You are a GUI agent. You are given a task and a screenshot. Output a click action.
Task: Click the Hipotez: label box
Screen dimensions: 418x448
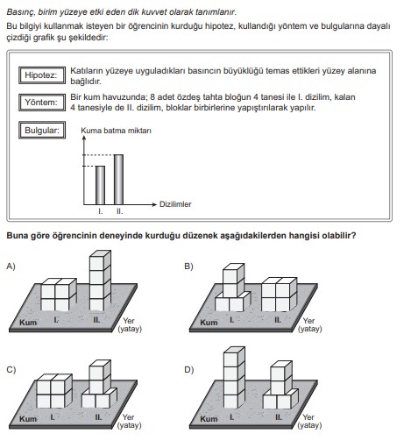pos(42,75)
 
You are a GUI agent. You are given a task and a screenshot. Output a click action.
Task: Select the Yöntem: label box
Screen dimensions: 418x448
pos(42,103)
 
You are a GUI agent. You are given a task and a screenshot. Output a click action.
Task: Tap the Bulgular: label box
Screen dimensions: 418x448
pos(42,130)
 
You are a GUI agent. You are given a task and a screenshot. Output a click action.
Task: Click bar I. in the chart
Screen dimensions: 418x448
pos(100,185)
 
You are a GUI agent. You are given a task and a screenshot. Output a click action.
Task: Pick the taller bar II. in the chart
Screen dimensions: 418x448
pos(118,180)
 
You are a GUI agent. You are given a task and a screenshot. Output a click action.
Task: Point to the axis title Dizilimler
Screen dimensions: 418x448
pos(175,204)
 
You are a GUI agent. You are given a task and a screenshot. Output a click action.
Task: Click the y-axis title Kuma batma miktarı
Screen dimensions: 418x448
pos(116,131)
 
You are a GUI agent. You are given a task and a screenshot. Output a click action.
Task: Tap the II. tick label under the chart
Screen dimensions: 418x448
pos(120,211)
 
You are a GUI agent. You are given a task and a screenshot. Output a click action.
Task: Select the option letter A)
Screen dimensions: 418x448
pos(11,267)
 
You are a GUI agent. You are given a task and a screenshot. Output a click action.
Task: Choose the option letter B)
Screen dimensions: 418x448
pos(188,267)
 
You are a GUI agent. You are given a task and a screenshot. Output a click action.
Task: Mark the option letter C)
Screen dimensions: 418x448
pos(11,370)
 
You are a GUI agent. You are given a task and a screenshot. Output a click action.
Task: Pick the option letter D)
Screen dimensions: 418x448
pos(189,370)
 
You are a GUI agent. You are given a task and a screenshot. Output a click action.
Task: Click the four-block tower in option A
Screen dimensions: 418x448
pos(100,281)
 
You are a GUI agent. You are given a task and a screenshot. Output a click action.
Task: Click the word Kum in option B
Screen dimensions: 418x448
pos(209,323)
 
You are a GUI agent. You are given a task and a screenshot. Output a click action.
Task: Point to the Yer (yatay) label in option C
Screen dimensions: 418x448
pos(129,421)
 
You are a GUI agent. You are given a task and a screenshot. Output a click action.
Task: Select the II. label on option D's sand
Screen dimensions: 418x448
pos(278,417)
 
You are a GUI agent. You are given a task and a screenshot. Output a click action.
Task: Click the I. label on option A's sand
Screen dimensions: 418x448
pos(55,320)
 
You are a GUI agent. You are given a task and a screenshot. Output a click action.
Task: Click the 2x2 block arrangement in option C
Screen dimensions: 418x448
pos(54,391)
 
